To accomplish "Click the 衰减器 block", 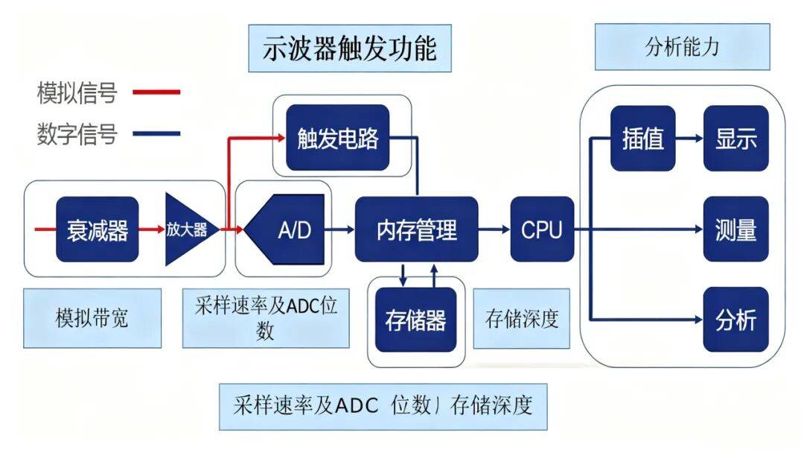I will [x=98, y=229].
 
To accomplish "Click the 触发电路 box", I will [x=338, y=138].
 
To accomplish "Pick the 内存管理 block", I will [x=416, y=229].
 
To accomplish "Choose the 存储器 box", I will [x=415, y=320].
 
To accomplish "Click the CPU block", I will [x=542, y=229].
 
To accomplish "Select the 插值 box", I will [x=642, y=139].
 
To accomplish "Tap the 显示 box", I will [x=736, y=139].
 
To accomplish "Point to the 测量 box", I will [x=736, y=229].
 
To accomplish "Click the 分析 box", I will [x=736, y=320].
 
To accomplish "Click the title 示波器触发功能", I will [x=349, y=49].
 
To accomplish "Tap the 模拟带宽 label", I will [x=92, y=318].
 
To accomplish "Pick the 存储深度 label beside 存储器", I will [x=521, y=318].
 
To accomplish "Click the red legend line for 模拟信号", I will [x=156, y=92].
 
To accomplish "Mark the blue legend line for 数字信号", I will [x=156, y=134].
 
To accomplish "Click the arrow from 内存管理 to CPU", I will [x=494, y=229].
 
